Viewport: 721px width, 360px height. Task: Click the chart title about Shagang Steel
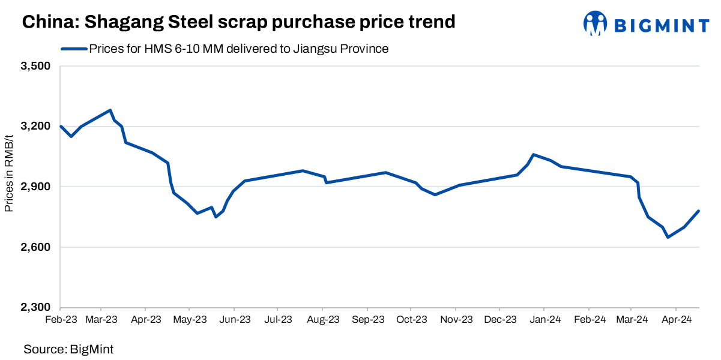pyautogui.click(x=239, y=22)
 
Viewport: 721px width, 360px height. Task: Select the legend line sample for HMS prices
pyautogui.click(x=73, y=49)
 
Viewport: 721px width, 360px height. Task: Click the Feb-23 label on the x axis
pyautogui.click(x=61, y=320)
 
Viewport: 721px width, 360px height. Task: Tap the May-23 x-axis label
pyautogui.click(x=190, y=320)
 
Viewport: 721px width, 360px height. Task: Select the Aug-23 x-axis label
pyautogui.click(x=323, y=320)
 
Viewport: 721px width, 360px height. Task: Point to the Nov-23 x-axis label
pyautogui.click(x=456, y=320)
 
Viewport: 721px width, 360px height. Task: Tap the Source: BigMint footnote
pyautogui.click(x=68, y=349)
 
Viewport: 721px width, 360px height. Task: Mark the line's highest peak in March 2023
pyautogui.click(x=110, y=110)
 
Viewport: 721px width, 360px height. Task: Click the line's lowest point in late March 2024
pyautogui.click(x=668, y=238)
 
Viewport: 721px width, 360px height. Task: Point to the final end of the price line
pyautogui.click(x=699, y=211)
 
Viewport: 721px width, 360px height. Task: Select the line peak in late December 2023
pyautogui.click(x=534, y=154)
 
